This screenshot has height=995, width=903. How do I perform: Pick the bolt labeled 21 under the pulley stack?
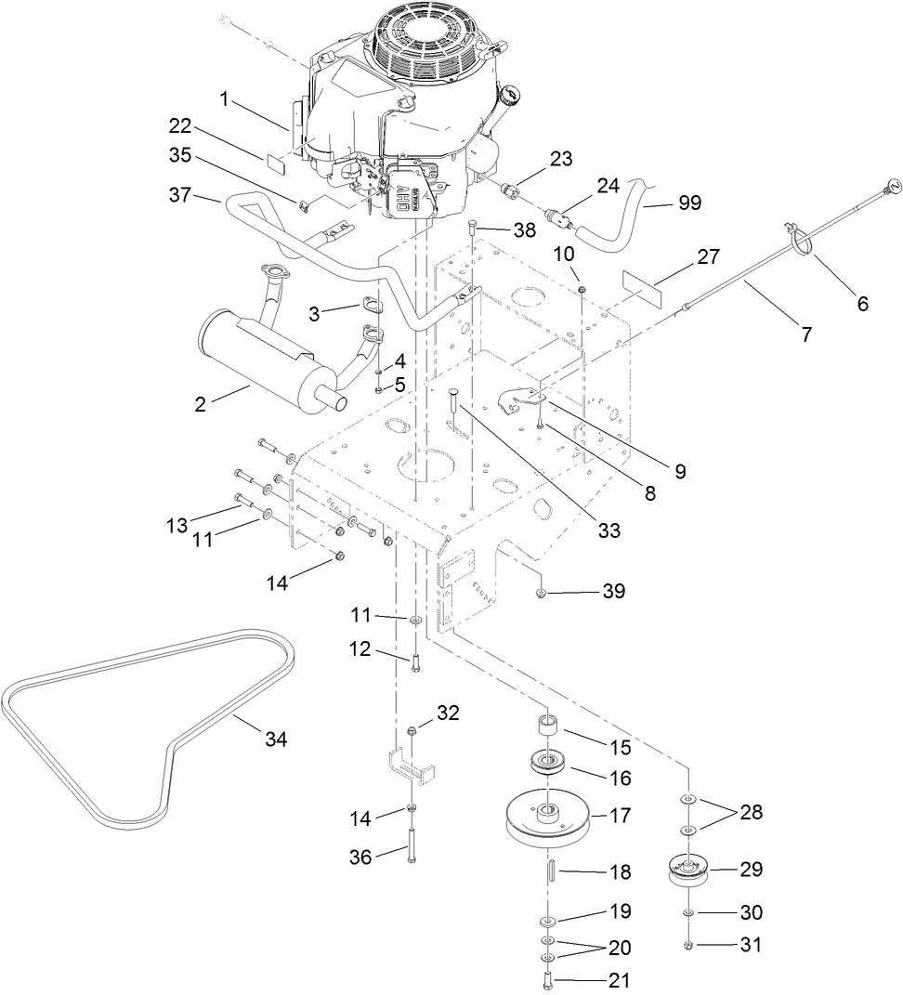[546, 979]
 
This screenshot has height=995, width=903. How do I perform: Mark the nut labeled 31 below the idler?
[688, 945]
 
